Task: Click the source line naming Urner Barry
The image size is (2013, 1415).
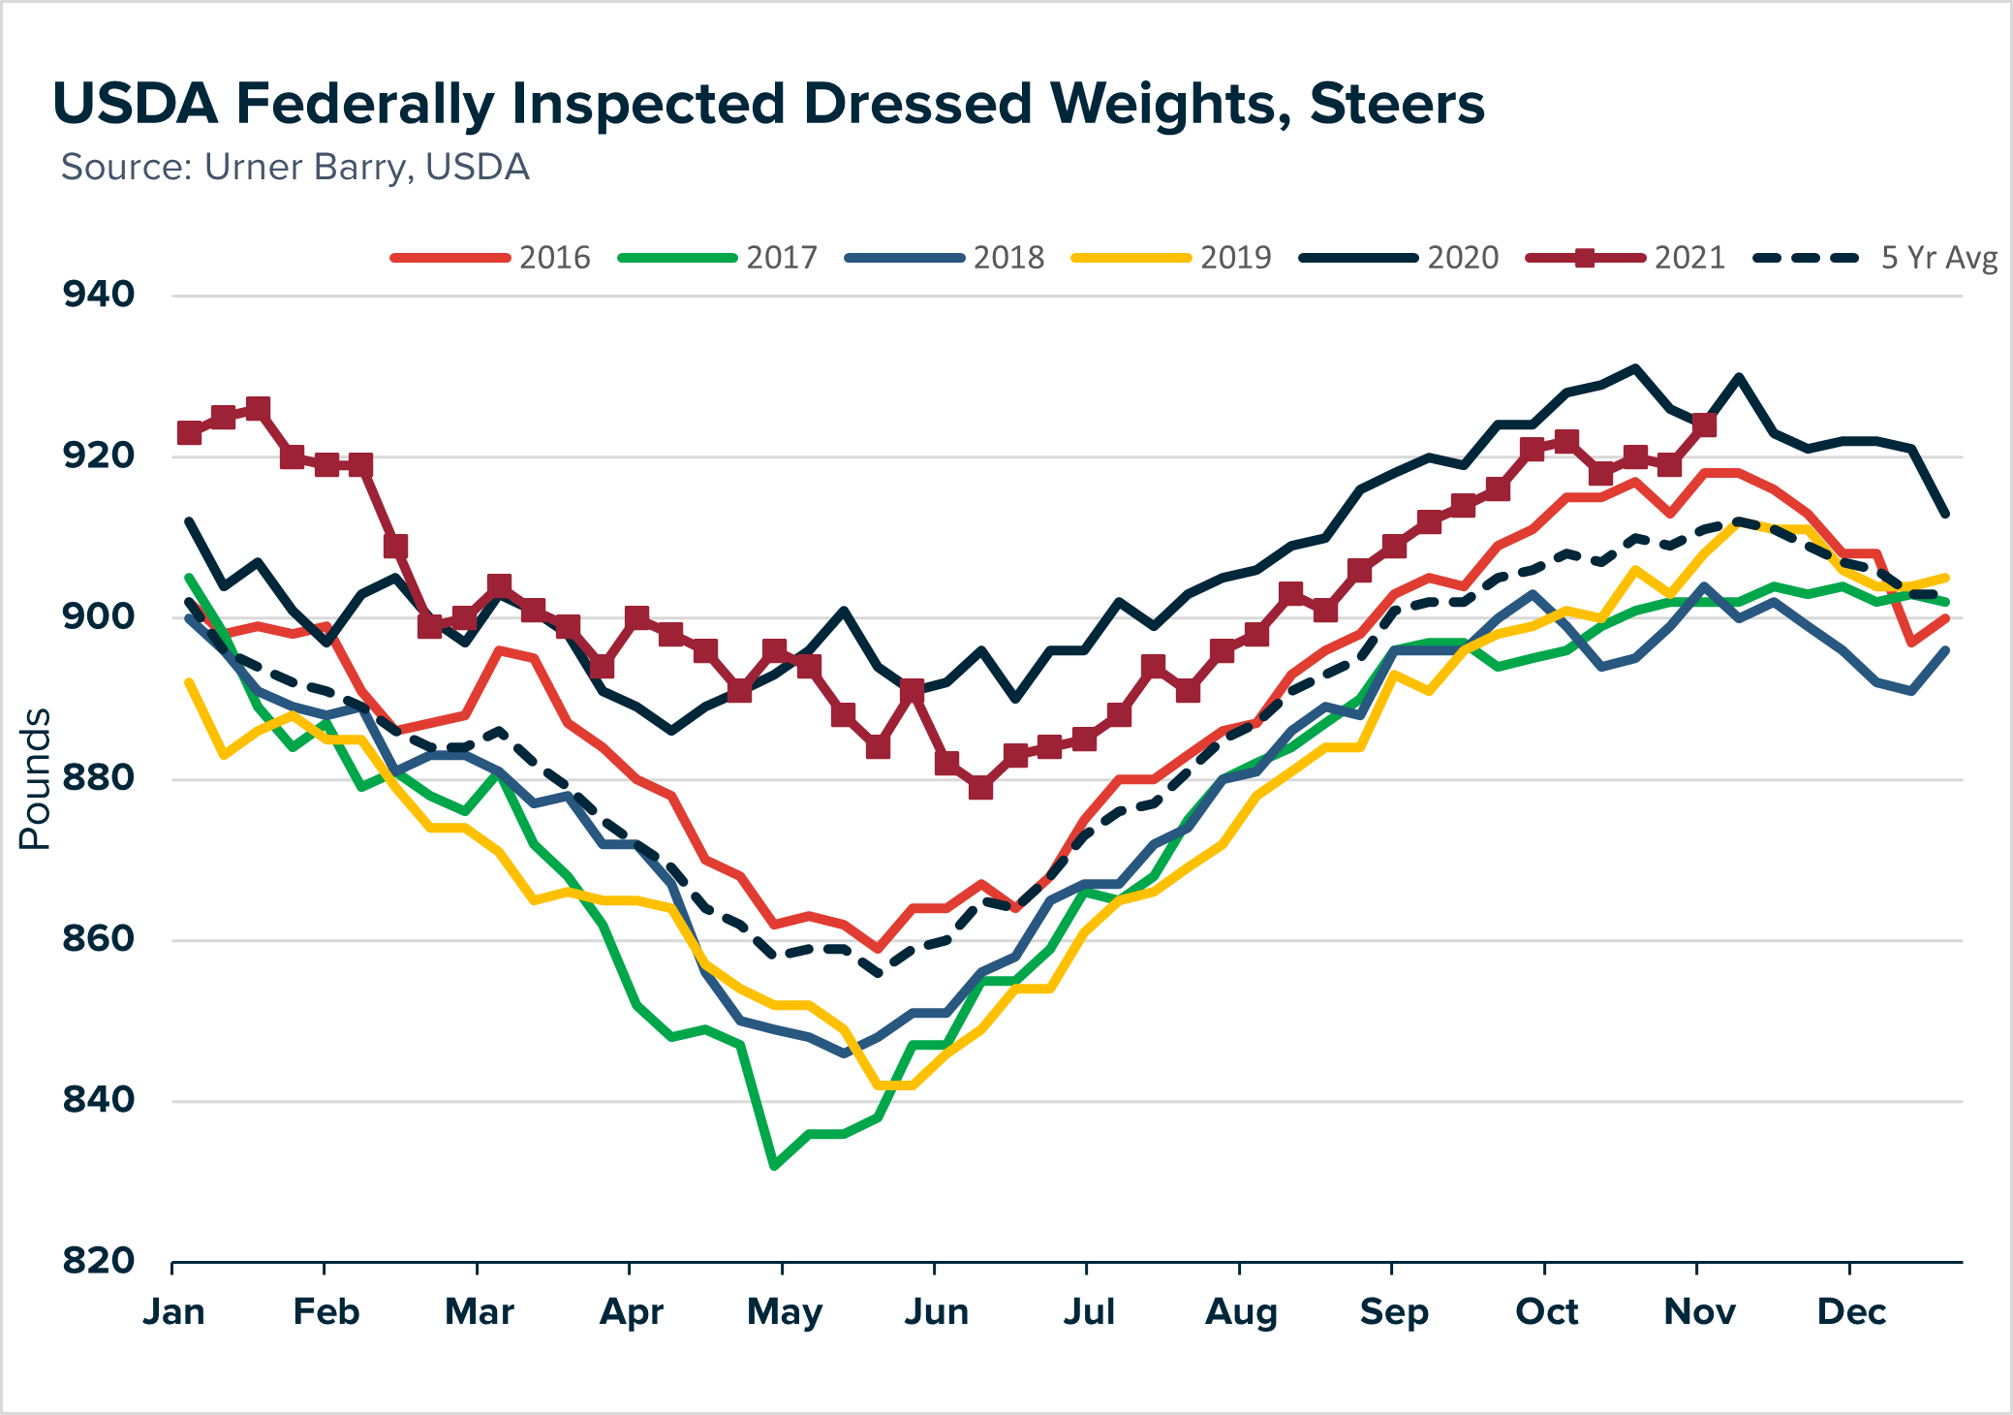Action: coord(294,168)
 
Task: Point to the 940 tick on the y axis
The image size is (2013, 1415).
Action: coord(99,295)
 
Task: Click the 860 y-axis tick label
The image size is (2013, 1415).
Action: coord(99,939)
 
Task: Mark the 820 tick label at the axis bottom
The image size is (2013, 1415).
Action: coord(99,1261)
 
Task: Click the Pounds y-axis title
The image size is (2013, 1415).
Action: coord(36,779)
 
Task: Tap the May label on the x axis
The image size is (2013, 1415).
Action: coord(784,1311)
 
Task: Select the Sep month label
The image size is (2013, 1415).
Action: coord(1393,1311)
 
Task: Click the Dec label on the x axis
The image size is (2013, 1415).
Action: coord(1850,1311)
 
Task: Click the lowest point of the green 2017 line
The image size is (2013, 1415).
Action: coord(774,1166)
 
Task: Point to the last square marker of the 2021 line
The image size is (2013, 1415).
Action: coord(1704,424)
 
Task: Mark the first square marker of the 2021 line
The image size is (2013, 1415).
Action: coord(190,432)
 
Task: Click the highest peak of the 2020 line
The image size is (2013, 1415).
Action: coord(1635,367)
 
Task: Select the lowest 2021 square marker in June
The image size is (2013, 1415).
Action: coord(980,788)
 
